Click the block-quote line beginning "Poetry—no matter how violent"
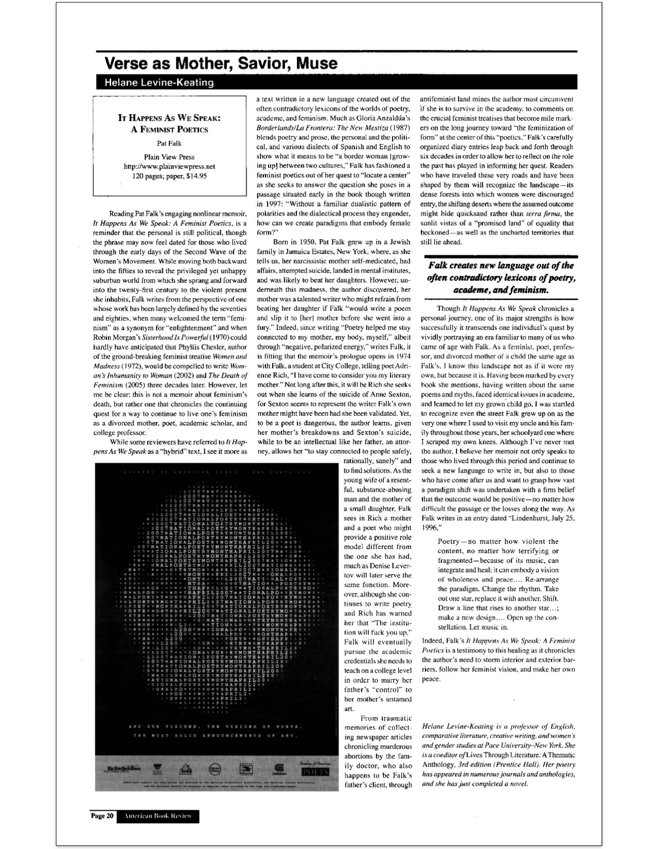498,541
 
